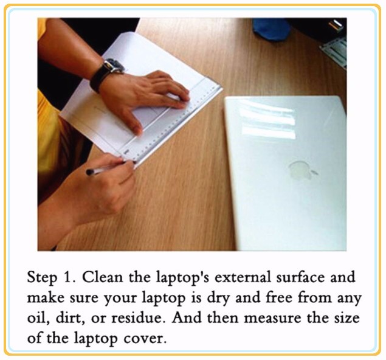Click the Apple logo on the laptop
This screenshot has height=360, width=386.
click(302, 170)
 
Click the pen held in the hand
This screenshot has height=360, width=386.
click(106, 168)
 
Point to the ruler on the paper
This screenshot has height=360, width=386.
click(172, 123)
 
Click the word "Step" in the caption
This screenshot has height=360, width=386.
click(42, 278)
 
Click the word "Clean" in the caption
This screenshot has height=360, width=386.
click(102, 277)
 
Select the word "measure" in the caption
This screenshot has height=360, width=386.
click(272, 318)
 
